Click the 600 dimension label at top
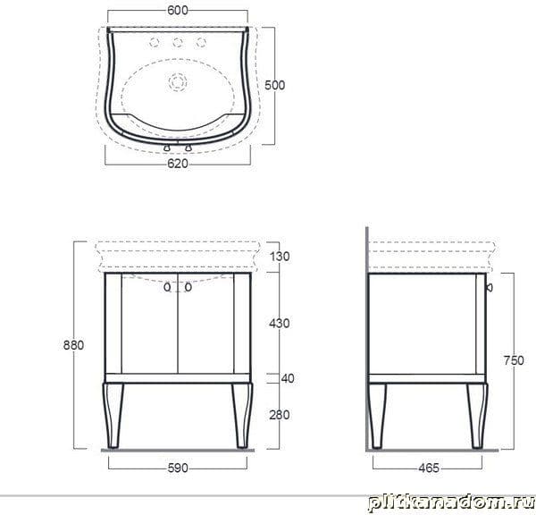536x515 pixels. pos(178,10)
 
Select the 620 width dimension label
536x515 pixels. pos(178,164)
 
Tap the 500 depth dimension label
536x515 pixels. pos(274,85)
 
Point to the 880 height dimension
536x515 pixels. pos(73,345)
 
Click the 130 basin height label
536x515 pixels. pos(280,257)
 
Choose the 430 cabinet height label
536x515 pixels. pos(280,324)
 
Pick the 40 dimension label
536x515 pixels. pos(287,378)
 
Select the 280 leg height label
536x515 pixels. pos(280,415)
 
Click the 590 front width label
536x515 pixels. pos(178,468)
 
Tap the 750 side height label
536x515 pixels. pos(514,360)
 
